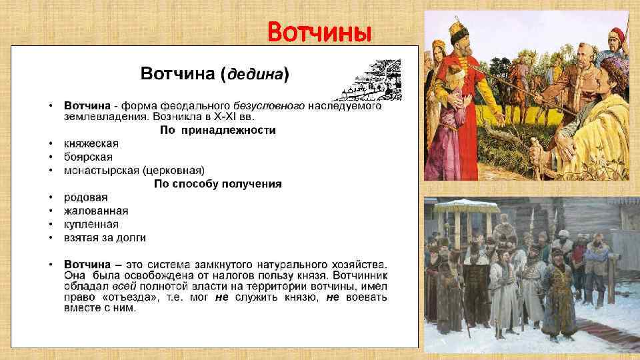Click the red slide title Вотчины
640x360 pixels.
point(318,31)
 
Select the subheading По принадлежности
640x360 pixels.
point(217,130)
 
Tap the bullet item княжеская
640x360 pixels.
point(91,144)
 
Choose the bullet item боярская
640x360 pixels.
point(89,157)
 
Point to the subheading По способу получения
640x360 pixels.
point(217,183)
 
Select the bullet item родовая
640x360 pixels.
point(86,197)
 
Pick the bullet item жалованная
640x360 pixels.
point(96,211)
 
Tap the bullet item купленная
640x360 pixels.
point(91,224)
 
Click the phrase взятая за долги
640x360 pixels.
point(105,237)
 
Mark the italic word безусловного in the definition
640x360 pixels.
point(269,106)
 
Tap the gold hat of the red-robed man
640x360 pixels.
point(457,30)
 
